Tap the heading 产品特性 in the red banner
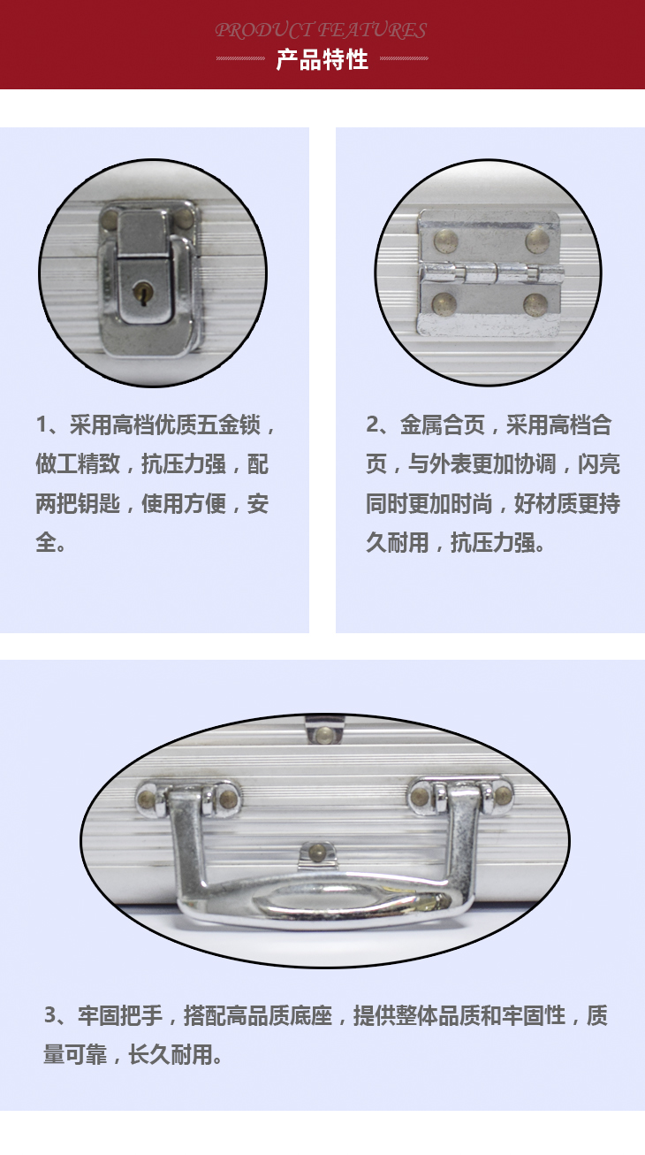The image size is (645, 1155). (x=322, y=60)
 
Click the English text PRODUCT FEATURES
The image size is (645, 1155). (x=321, y=30)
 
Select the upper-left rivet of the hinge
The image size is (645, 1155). (x=445, y=241)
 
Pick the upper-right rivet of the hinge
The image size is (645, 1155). (x=537, y=241)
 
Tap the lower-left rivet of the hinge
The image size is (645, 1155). (x=444, y=303)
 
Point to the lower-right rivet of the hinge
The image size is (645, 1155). (x=535, y=305)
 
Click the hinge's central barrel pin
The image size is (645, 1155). (x=491, y=272)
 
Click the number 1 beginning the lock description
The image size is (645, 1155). (x=42, y=425)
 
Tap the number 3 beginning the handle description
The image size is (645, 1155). (x=50, y=1014)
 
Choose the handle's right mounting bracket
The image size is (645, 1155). (x=461, y=796)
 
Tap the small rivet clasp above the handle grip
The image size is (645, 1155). (x=318, y=853)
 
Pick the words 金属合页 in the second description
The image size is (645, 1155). (x=443, y=425)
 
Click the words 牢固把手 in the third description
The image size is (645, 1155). (x=120, y=1014)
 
